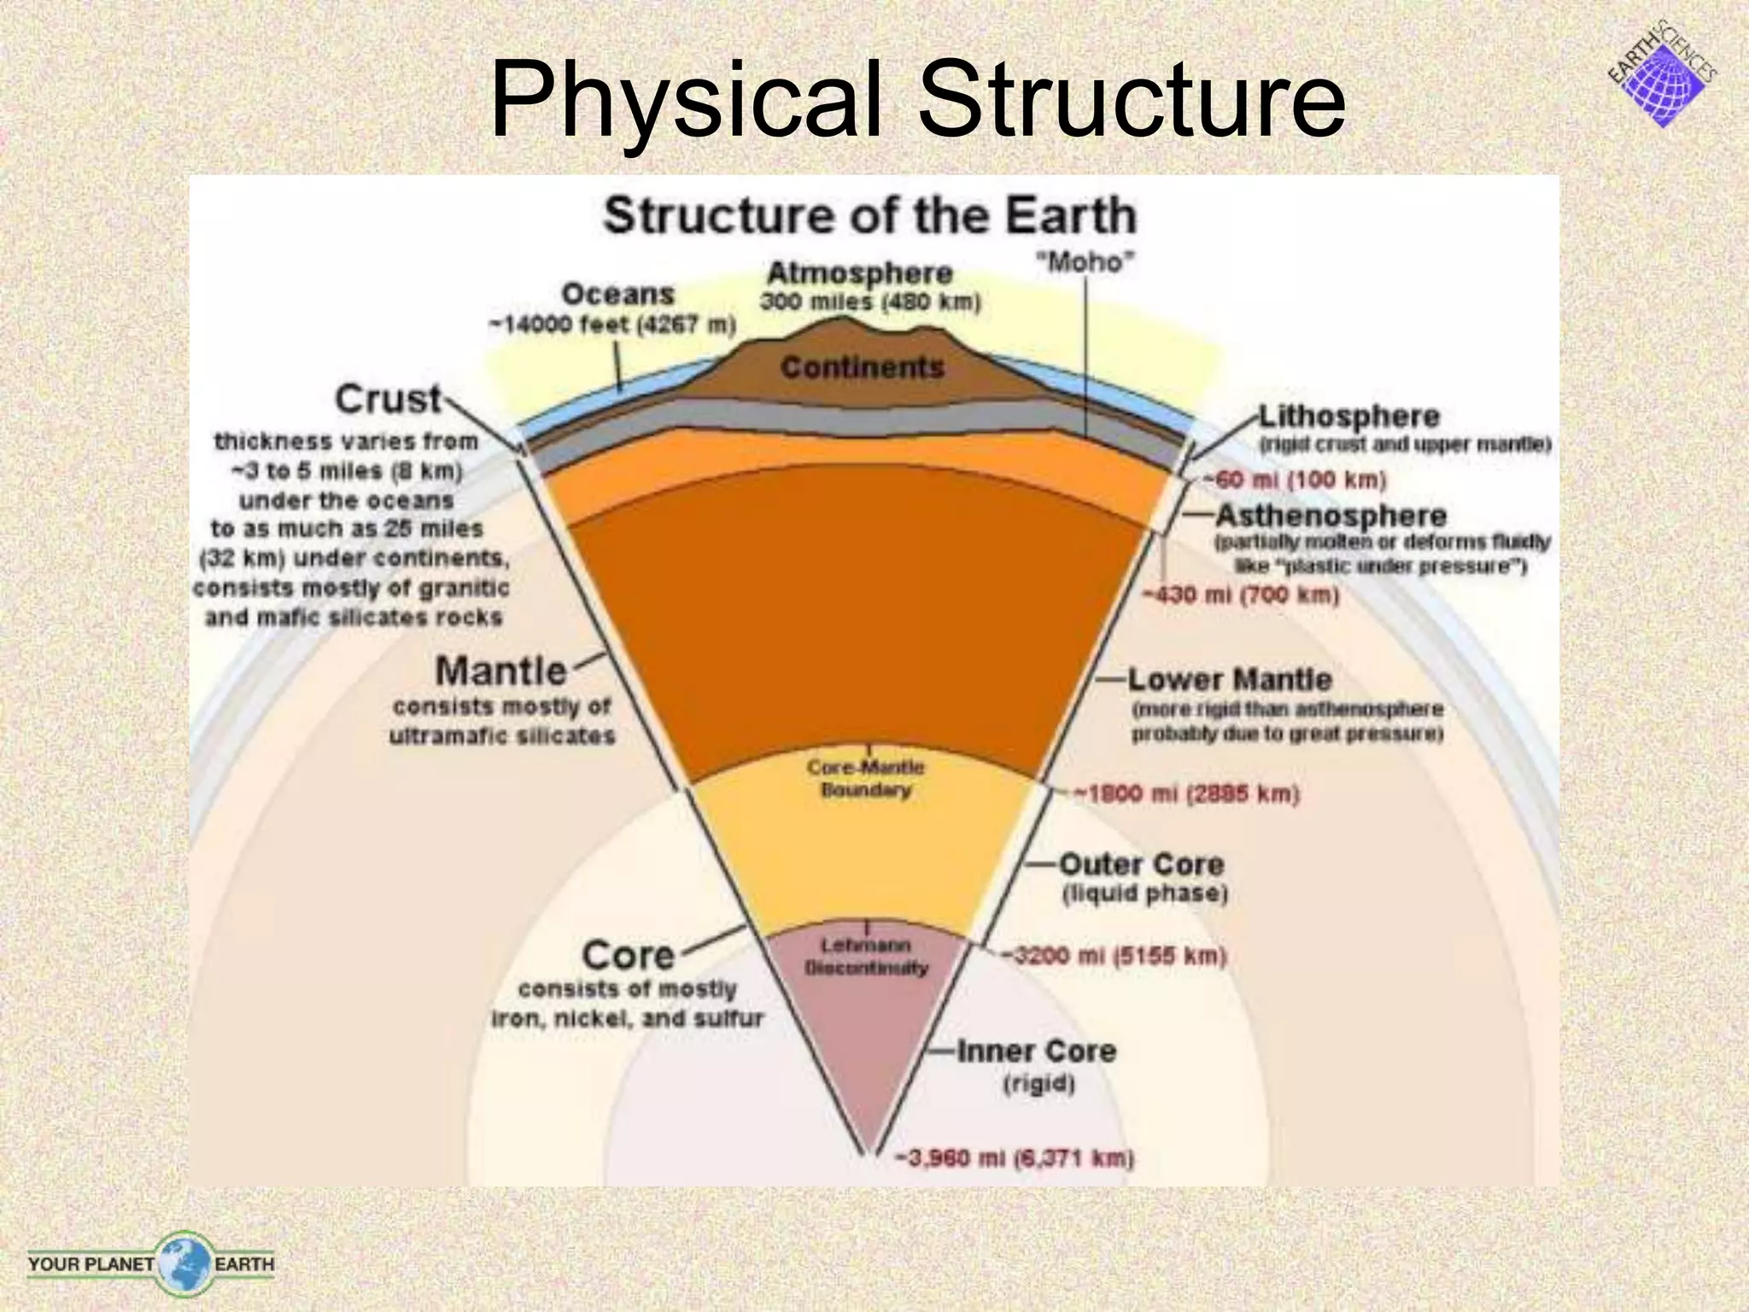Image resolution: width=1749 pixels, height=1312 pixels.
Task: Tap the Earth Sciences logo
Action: pos(1661,77)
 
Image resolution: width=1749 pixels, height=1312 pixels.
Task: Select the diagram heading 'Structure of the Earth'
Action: pos(869,215)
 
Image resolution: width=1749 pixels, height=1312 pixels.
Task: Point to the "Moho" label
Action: pos(1085,262)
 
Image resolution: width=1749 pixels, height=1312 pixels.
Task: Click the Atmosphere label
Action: pos(859,273)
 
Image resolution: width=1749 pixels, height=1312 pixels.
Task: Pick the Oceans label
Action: pos(617,295)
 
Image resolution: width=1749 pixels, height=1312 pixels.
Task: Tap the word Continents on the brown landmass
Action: pos(862,367)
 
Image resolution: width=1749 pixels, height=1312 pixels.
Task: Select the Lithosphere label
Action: pos(1349,417)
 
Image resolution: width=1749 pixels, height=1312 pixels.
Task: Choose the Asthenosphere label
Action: pos(1331,516)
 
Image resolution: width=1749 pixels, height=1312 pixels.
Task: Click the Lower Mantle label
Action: pos(1230,680)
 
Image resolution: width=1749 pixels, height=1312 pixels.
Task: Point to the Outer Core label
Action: pos(1142,864)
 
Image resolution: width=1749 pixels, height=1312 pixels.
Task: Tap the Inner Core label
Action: pos(1036,1051)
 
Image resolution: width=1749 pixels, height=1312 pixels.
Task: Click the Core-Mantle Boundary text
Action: pos(865,778)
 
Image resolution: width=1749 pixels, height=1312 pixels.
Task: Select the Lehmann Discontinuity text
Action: pos(866,957)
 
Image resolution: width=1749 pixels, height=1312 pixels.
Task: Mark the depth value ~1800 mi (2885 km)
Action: pos(1186,794)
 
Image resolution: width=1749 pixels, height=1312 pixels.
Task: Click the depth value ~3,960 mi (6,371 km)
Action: pos(1014,1159)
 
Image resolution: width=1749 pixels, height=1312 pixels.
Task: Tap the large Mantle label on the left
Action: pos(500,671)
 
